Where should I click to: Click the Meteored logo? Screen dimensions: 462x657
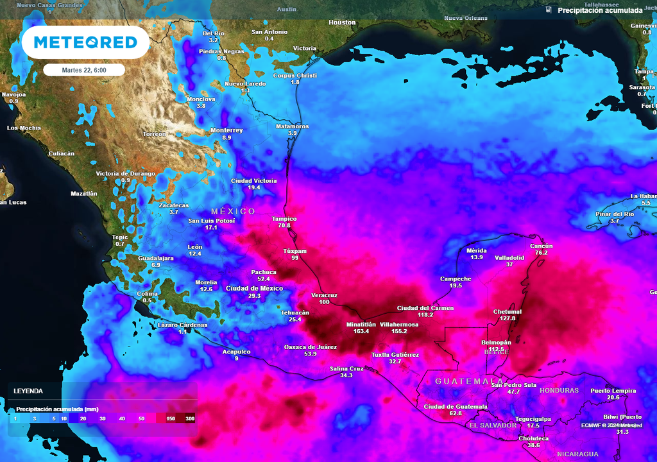[85, 42]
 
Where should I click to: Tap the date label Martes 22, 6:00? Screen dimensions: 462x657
[84, 70]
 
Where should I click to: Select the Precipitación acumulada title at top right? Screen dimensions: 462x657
[599, 11]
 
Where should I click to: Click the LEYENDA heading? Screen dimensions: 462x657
[28, 391]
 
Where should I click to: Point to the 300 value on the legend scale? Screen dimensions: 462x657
[189, 418]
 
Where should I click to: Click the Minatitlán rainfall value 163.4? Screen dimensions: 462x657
[361, 332]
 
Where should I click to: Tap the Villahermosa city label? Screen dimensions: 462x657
[399, 325]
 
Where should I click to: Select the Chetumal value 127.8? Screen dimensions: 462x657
[508, 318]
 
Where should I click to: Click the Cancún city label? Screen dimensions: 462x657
[541, 246]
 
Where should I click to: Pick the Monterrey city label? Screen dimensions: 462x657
[226, 130]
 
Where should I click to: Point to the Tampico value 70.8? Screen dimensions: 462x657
[284, 226]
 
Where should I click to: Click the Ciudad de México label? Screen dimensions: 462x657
[255, 288]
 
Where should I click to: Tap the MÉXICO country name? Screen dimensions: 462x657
[233, 211]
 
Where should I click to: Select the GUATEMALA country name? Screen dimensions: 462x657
[469, 381]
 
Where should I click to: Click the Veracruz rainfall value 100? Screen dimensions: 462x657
[324, 302]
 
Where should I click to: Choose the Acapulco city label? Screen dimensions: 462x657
[235, 352]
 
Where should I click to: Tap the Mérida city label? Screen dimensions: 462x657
[476, 250]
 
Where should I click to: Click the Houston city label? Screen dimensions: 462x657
[342, 22]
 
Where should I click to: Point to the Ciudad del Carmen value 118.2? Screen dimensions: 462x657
[425, 315]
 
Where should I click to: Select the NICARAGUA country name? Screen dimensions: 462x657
[577, 454]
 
